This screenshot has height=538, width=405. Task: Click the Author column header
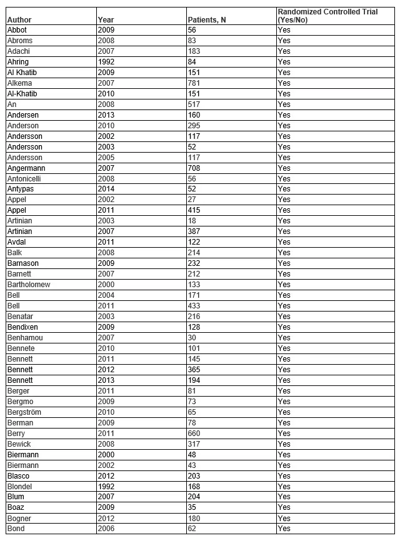19,20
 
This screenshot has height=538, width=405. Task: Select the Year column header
106,20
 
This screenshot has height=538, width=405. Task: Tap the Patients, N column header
207,20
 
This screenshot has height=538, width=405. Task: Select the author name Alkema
19,83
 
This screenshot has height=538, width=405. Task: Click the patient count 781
195,83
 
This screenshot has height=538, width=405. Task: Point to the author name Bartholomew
29,285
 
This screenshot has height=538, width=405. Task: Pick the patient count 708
195,168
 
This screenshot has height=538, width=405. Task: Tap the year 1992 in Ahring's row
106,62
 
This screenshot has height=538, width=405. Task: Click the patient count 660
195,433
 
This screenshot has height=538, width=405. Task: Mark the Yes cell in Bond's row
284,529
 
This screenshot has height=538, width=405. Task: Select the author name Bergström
25,412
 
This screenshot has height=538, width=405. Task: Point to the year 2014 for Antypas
106,189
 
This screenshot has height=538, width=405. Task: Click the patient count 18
192,221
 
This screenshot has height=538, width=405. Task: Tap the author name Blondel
19,486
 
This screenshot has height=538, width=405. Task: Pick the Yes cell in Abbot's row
284,30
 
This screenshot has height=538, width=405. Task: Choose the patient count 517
195,104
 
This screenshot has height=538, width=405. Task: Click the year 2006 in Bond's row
106,529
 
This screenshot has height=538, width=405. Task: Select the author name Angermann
26,168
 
